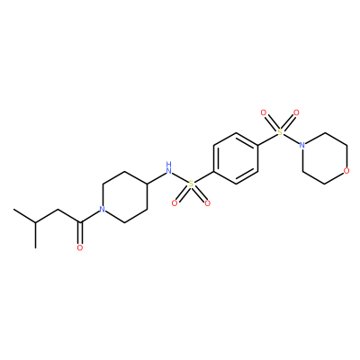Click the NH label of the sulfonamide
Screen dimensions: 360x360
[x=169, y=168]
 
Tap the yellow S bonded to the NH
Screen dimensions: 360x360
[x=191, y=184]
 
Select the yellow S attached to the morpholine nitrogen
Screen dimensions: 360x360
[x=280, y=132]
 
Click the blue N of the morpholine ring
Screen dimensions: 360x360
[x=302, y=145]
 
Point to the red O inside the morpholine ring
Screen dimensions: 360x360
[x=346, y=171]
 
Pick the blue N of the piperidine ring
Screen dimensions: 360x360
[x=103, y=210]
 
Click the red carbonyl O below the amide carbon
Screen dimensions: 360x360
[x=80, y=247]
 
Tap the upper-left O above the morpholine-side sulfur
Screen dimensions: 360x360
[x=264, y=112]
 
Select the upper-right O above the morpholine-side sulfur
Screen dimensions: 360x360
[x=296, y=112]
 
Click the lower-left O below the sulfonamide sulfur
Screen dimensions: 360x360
[x=175, y=203]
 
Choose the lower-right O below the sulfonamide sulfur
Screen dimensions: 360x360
[x=207, y=203]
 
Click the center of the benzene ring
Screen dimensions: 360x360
[x=236, y=158]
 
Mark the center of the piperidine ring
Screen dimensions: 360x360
[x=124, y=196]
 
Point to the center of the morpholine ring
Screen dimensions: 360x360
[x=325, y=158]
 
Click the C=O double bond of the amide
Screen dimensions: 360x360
[x=80, y=233]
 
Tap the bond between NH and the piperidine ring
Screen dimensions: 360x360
[x=156, y=178]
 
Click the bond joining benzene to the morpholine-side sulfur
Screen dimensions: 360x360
[x=267, y=139]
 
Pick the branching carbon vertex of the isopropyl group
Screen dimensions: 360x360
[x=36, y=222]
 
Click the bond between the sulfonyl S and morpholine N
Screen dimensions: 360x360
[x=291, y=139]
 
